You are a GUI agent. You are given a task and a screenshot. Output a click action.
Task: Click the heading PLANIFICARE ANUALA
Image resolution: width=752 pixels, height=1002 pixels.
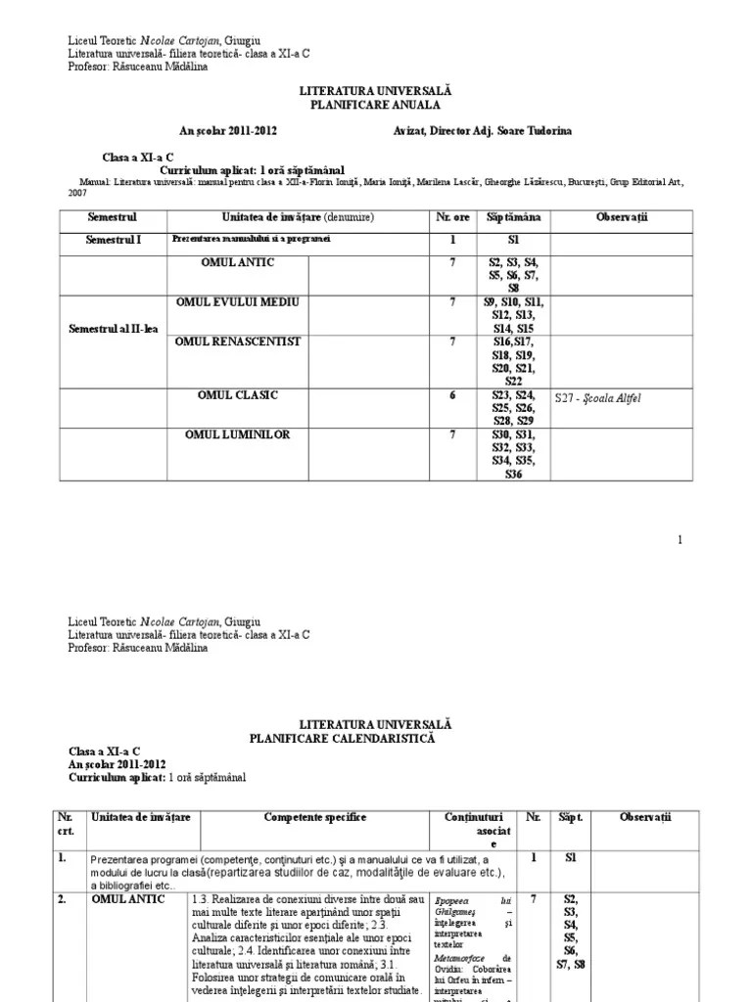pos(375,104)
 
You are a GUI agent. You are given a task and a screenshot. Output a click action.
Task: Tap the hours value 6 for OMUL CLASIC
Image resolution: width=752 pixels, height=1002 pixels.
pos(452,395)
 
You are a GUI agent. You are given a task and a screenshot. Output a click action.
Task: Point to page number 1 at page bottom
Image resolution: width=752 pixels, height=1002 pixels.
pos(680,539)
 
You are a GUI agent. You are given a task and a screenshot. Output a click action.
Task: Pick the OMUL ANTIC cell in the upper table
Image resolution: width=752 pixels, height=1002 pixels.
pos(238,263)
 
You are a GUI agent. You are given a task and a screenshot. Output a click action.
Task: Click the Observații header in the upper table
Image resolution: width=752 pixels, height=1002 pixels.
pos(617,216)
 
